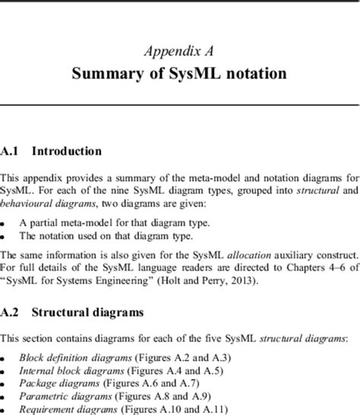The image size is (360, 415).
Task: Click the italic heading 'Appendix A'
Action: [178, 51]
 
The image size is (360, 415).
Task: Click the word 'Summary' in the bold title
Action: [103, 74]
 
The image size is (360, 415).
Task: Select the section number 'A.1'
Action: [11, 151]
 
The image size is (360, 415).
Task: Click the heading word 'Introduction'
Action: [67, 151]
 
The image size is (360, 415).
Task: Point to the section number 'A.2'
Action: [11, 313]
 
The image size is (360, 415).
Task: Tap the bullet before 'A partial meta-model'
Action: [4, 224]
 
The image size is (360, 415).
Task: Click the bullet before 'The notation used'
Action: [4, 237]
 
